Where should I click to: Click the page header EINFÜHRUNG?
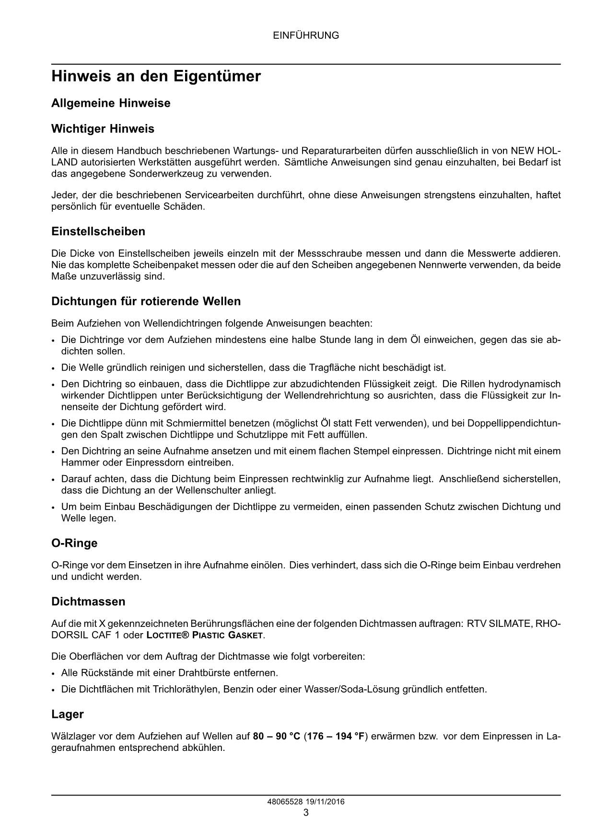(x=306, y=35)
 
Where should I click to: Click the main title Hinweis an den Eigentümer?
(x=156, y=77)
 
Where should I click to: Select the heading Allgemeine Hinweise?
(x=111, y=103)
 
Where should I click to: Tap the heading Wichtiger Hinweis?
(x=103, y=129)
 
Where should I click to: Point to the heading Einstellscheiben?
(x=98, y=232)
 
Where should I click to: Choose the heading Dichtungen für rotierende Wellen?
(x=146, y=302)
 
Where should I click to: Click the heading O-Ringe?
(x=74, y=544)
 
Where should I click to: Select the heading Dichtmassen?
(x=88, y=602)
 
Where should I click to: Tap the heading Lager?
(x=68, y=715)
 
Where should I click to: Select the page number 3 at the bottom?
(x=306, y=813)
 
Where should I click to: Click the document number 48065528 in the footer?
(x=284, y=802)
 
